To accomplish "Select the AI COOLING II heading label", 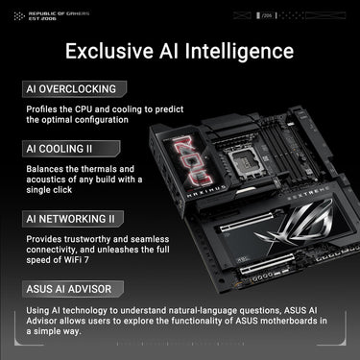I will (x=63, y=150).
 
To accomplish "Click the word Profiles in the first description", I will (x=41, y=108).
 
